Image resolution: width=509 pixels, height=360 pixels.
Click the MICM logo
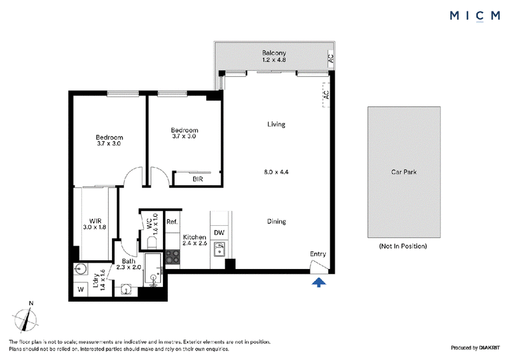475,15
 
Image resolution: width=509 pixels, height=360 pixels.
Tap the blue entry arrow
319,282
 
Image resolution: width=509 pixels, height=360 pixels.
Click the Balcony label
274,53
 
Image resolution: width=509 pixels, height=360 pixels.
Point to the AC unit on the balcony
330,59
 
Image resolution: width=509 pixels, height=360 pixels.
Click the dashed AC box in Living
326,95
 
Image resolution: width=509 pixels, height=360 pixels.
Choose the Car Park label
404,172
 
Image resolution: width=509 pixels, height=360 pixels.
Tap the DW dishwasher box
219,232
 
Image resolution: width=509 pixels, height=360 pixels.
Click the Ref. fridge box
172,222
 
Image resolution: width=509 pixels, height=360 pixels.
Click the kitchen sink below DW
220,249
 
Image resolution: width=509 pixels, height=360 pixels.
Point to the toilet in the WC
151,242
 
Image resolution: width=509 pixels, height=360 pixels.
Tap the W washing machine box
81,289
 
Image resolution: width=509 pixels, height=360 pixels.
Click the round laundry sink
80,269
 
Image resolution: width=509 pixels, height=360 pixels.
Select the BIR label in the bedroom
198,179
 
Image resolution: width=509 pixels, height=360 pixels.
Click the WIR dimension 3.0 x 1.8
94,227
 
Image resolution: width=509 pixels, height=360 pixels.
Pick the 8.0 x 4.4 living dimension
276,172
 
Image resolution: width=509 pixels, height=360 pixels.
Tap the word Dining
277,221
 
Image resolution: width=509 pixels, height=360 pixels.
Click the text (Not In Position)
403,246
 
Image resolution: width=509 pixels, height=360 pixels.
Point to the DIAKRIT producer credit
489,348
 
